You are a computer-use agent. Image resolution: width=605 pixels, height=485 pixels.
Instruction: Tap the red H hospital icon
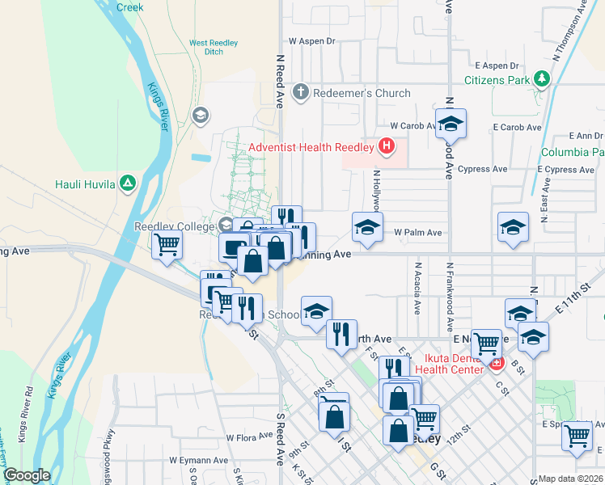[x=387, y=146]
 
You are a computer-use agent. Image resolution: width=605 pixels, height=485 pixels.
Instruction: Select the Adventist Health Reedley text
[x=311, y=147]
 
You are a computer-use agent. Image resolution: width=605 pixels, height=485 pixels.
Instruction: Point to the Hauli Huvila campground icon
[x=127, y=183]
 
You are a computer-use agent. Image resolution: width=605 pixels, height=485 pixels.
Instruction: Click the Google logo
[x=27, y=475]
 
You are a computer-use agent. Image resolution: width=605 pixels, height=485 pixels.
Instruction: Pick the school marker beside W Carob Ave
[x=451, y=124]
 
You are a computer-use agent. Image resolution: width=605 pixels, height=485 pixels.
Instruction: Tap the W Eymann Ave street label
[x=196, y=460]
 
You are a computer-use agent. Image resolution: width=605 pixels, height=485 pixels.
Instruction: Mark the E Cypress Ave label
[x=569, y=170]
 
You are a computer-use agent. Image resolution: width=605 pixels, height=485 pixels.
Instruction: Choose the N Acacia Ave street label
[x=417, y=288]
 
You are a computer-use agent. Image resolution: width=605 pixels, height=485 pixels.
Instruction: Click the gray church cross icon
[x=301, y=93]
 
